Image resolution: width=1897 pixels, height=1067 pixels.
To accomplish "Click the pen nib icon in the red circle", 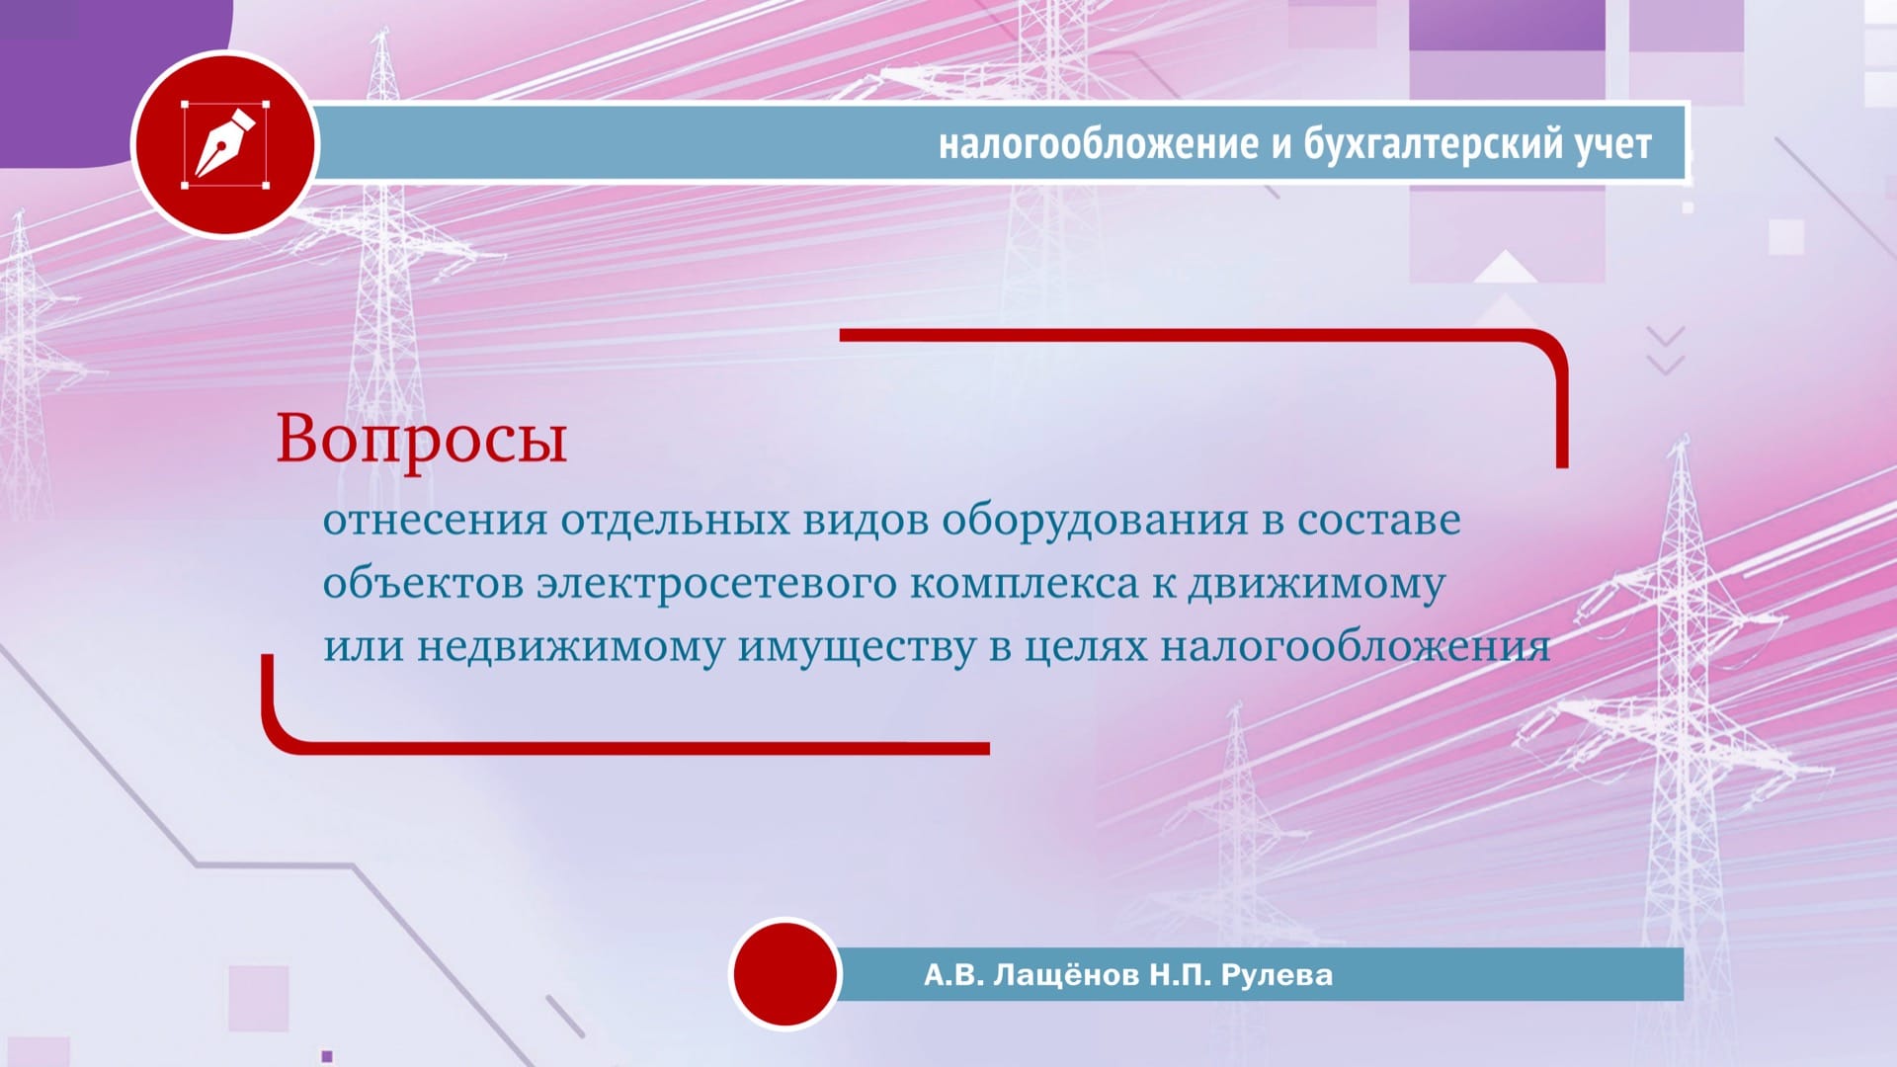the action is click(x=225, y=144).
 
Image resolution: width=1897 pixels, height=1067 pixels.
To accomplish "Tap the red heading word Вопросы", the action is click(x=421, y=440).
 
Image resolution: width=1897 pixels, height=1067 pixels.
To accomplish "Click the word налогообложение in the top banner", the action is click(x=1099, y=144).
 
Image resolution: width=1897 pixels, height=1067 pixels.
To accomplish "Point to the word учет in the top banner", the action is click(x=1613, y=145).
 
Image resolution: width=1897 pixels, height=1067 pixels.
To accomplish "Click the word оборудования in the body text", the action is click(x=1095, y=521).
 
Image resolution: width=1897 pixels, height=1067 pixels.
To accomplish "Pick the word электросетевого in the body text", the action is click(x=716, y=584).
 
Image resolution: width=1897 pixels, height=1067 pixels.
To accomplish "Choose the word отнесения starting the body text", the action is click(x=435, y=521).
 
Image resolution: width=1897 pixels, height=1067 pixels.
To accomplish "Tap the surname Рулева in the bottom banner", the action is click(x=1277, y=975).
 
